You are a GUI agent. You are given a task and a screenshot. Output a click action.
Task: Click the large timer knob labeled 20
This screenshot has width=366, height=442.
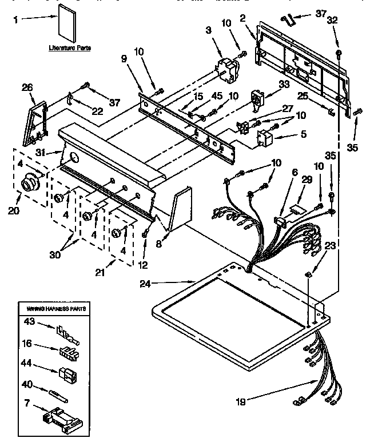[28, 185]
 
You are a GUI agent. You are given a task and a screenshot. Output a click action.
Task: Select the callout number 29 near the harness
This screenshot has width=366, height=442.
[307, 180]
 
